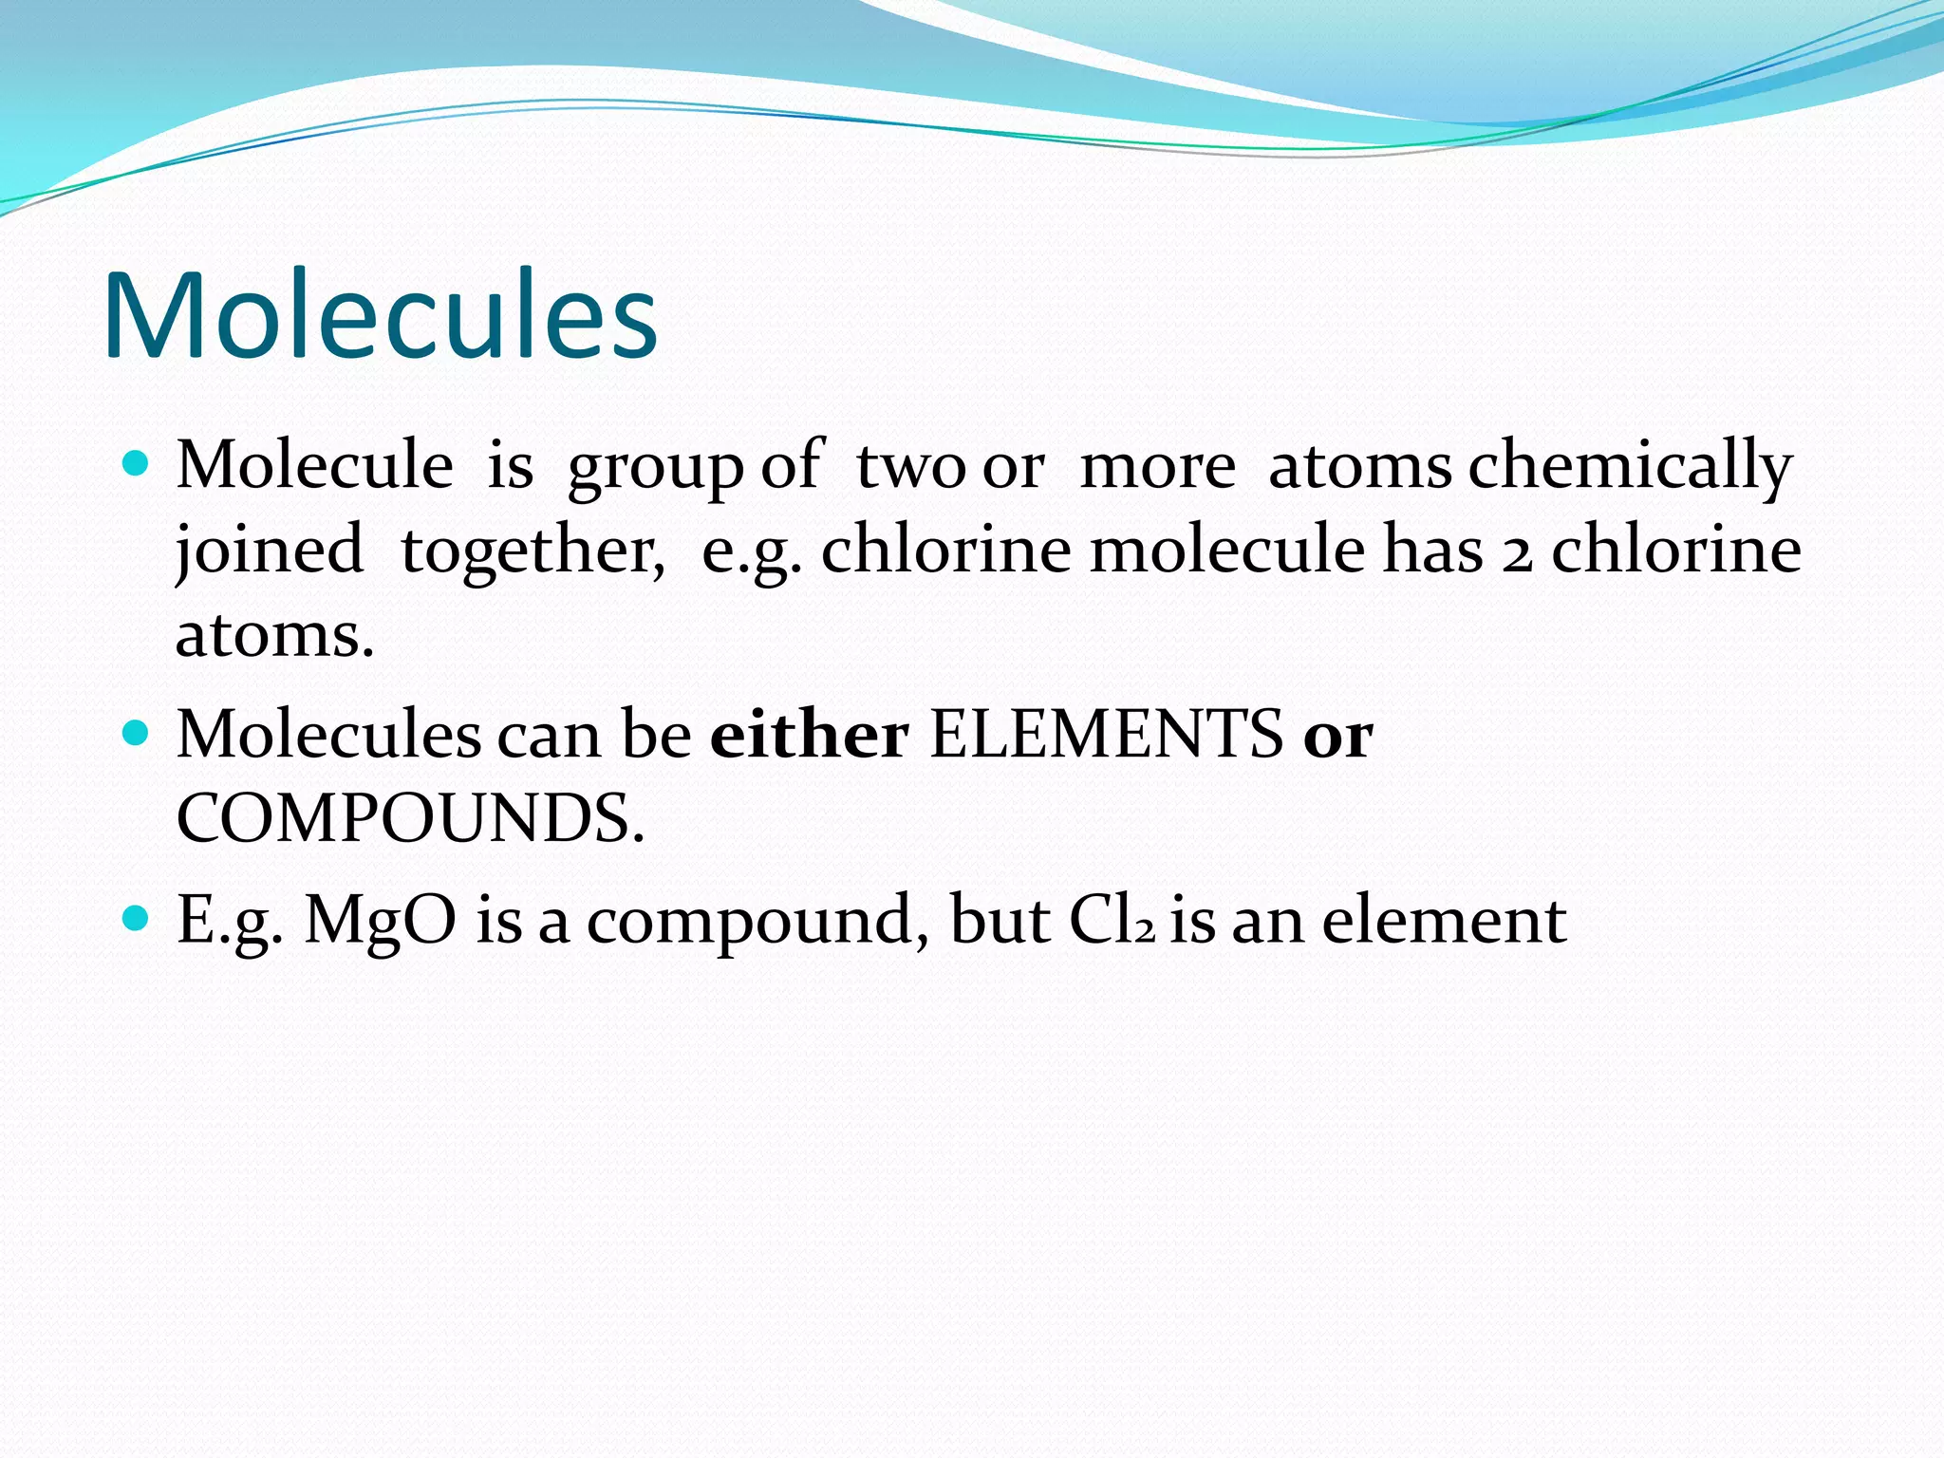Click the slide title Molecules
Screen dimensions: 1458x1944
click(380, 315)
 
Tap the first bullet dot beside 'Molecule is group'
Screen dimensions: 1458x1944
click(138, 463)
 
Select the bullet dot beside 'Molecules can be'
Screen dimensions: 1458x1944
click(138, 733)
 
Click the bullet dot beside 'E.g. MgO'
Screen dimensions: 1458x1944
click(138, 917)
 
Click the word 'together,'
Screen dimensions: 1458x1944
click(533, 551)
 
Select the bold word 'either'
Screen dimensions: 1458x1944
click(809, 735)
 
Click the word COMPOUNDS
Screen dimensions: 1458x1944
click(410, 818)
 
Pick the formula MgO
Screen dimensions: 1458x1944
click(380, 921)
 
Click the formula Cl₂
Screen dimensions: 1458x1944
click(1112, 921)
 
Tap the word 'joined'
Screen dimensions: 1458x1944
click(270, 551)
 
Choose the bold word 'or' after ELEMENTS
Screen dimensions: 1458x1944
click(1337, 737)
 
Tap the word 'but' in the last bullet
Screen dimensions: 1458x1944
click(1000, 921)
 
